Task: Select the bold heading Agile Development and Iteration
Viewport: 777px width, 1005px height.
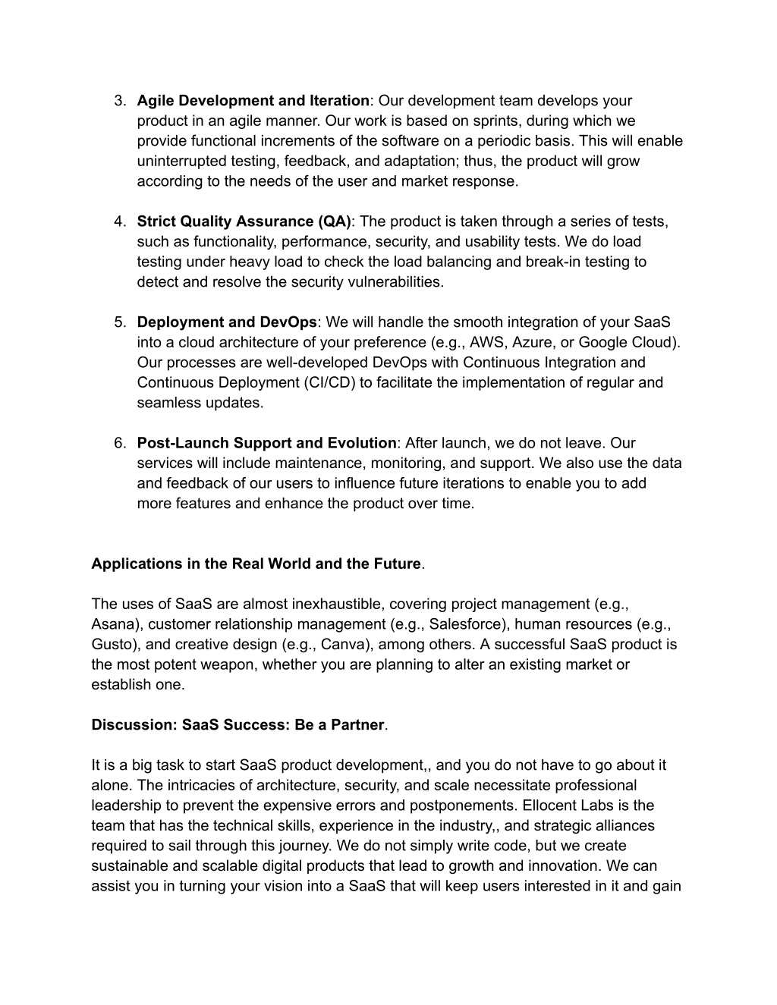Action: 253,101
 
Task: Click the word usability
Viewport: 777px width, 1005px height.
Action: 543,242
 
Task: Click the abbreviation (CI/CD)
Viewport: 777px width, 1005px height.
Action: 318,382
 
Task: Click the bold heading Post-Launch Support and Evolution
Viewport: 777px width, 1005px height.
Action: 266,443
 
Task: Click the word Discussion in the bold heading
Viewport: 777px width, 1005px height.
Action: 133,725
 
